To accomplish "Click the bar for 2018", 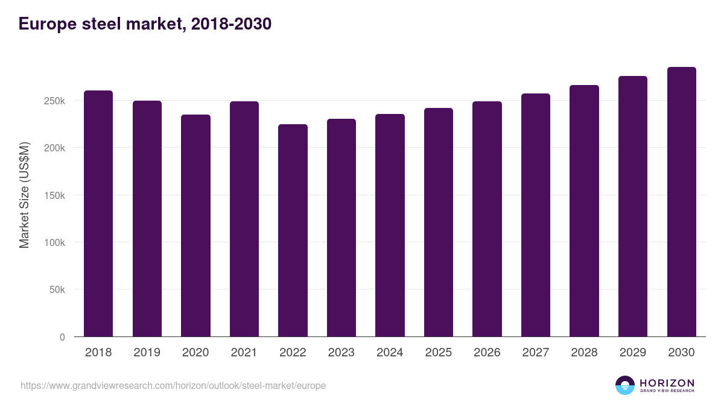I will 98,213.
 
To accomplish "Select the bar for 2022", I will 293,230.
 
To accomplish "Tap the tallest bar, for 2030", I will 681,201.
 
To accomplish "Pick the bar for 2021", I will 244,219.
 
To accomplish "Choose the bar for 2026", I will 487,219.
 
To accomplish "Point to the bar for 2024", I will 390,225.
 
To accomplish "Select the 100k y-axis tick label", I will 54,242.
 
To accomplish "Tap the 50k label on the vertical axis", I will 56,289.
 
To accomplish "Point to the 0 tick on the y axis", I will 62,337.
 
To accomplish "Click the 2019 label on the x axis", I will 147,353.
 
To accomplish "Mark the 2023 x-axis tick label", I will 341,353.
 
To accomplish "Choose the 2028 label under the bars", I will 584,353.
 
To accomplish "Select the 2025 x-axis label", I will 438,353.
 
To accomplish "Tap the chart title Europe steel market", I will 145,24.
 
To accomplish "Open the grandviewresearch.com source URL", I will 173,385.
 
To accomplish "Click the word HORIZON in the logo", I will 667,382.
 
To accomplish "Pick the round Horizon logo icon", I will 625,385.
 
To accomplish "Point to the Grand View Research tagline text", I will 667,391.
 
